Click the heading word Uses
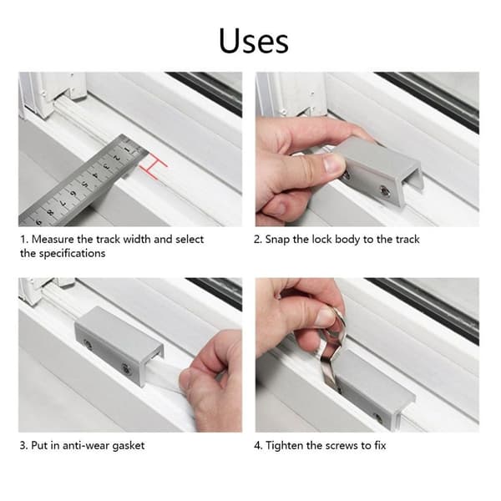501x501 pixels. pyautogui.click(x=254, y=41)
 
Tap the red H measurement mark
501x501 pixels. pyautogui.click(x=153, y=164)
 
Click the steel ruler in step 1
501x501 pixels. pyautogui.click(x=80, y=181)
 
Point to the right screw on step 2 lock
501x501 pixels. pyautogui.click(x=384, y=190)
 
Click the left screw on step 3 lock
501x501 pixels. pyautogui.click(x=88, y=344)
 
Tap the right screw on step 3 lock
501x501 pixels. pyautogui.click(x=125, y=369)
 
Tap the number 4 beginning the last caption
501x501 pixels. pyautogui.click(x=257, y=445)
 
